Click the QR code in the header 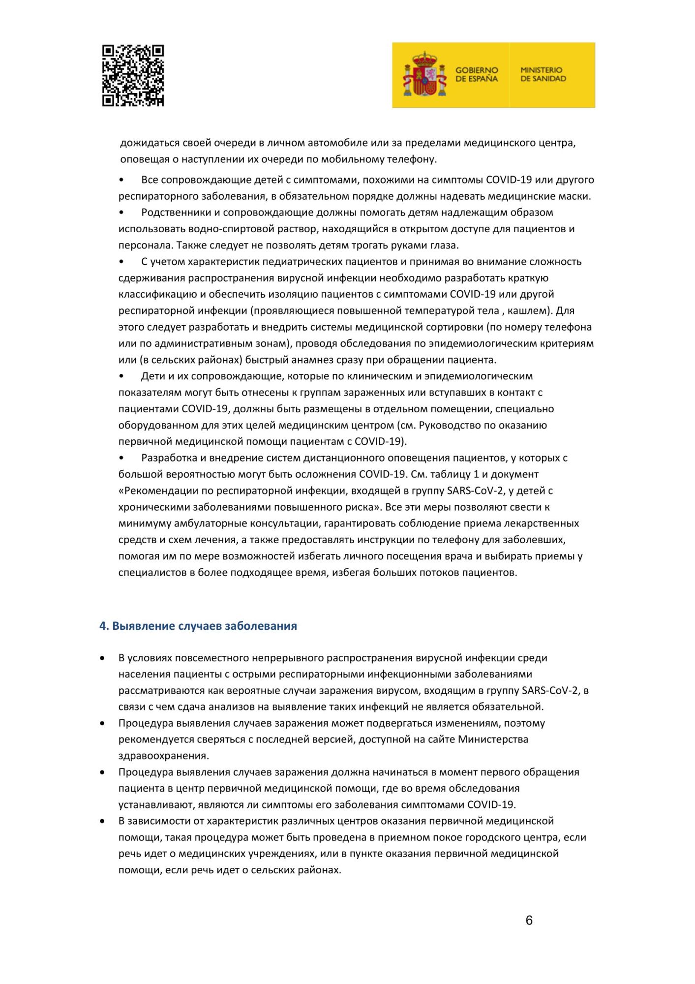133,75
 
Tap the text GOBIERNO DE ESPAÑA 476,74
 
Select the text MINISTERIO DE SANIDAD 543,74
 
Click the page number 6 529,921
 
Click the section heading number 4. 104,626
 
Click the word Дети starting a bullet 152,376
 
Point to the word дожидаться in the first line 150,143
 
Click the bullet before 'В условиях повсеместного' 102,658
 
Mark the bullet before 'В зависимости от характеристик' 102,821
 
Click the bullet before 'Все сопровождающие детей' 121,180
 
